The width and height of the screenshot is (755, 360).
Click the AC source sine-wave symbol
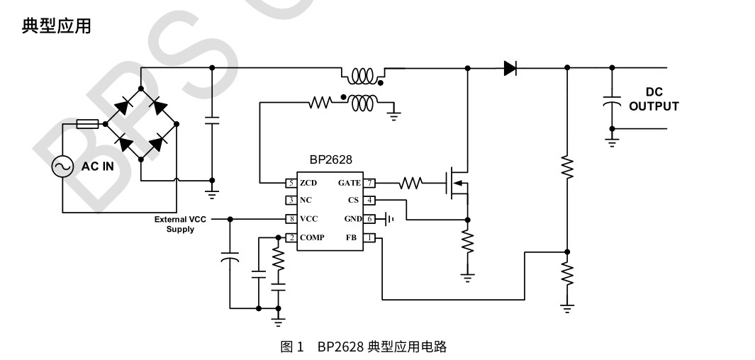pos(62,167)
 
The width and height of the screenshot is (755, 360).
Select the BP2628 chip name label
pos(330,160)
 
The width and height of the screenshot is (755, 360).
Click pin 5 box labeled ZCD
pos(291,183)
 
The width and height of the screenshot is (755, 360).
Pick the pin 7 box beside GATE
pos(369,183)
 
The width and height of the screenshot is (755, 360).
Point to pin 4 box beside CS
pos(369,201)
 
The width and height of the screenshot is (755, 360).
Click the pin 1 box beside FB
pos(369,237)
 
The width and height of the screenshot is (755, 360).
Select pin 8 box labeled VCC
pos(291,219)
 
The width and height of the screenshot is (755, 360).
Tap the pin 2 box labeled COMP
pos(291,237)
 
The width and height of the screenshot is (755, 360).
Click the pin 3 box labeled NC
pos(291,201)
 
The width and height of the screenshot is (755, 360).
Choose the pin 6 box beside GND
pos(369,219)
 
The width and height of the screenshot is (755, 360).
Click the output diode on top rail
pos(510,68)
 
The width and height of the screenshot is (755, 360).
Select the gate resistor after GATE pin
pos(410,184)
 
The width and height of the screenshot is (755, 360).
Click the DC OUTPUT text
pos(654,99)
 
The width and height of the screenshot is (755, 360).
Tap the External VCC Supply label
pos(181,224)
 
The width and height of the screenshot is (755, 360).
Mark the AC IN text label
pos(98,167)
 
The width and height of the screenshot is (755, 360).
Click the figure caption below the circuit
pos(364,347)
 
